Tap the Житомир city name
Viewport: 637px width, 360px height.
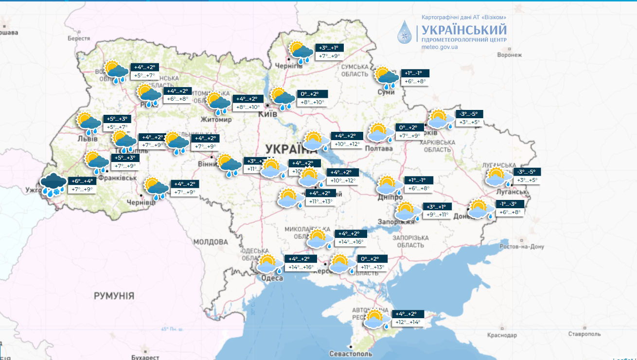coord(216,120)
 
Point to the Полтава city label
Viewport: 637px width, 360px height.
coord(378,148)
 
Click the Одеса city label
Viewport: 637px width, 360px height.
coord(272,278)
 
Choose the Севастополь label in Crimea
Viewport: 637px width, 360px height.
coord(351,354)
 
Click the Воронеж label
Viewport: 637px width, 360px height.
coord(509,55)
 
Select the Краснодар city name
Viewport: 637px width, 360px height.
coord(501,335)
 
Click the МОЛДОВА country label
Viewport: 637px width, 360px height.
coord(210,242)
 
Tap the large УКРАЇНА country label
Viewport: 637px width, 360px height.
coord(292,148)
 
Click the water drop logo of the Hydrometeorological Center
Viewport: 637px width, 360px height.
coord(405,32)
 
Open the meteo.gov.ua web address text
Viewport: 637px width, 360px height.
coord(440,47)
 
